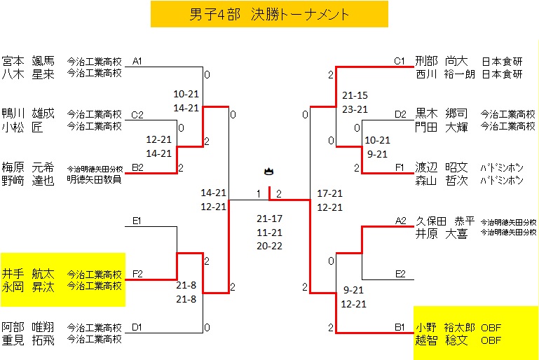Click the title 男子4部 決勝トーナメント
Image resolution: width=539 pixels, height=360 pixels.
pyautogui.click(x=269, y=14)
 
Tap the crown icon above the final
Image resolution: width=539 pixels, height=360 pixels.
pyautogui.click(x=268, y=171)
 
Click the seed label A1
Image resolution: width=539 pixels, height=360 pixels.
pyautogui.click(x=137, y=62)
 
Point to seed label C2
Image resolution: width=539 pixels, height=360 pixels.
pyautogui.click(x=137, y=115)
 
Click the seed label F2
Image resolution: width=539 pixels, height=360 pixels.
pyautogui.click(x=137, y=274)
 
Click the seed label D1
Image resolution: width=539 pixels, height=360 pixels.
pyautogui.click(x=137, y=327)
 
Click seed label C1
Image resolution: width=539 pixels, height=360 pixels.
pyautogui.click(x=400, y=62)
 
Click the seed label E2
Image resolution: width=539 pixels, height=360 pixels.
pyautogui.click(x=400, y=274)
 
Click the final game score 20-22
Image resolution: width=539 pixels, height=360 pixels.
pyautogui.click(x=269, y=246)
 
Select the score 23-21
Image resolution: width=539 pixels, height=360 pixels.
pyautogui.click(x=355, y=109)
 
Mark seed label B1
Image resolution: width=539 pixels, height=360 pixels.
pyautogui.click(x=400, y=327)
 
